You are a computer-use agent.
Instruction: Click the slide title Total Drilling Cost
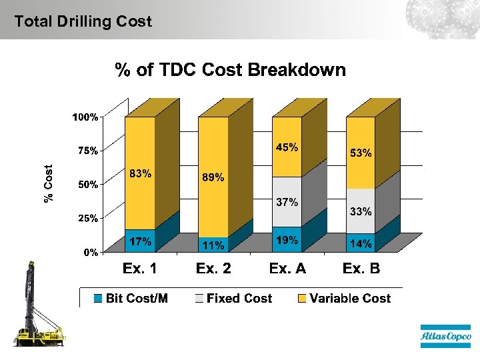point(83,21)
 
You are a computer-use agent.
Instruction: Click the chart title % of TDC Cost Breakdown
point(231,70)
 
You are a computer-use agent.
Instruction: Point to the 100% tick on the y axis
point(85,117)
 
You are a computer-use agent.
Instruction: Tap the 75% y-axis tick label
point(87,151)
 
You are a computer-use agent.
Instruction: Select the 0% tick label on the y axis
point(91,253)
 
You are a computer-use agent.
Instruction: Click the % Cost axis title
point(49,183)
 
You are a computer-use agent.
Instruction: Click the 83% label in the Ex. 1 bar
point(140,174)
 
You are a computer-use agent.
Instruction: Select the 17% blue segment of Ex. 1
point(140,241)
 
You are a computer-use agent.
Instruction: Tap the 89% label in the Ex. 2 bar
point(213,178)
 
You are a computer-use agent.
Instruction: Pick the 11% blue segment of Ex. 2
point(213,245)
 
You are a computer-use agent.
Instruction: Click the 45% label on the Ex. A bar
point(287,147)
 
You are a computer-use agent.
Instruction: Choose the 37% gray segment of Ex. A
point(287,202)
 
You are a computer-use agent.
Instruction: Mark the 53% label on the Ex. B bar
point(361,153)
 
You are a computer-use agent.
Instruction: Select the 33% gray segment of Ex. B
point(361,212)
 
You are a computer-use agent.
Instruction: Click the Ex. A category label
point(287,269)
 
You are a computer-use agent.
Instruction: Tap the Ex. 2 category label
point(213,269)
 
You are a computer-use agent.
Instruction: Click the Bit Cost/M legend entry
point(131,299)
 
